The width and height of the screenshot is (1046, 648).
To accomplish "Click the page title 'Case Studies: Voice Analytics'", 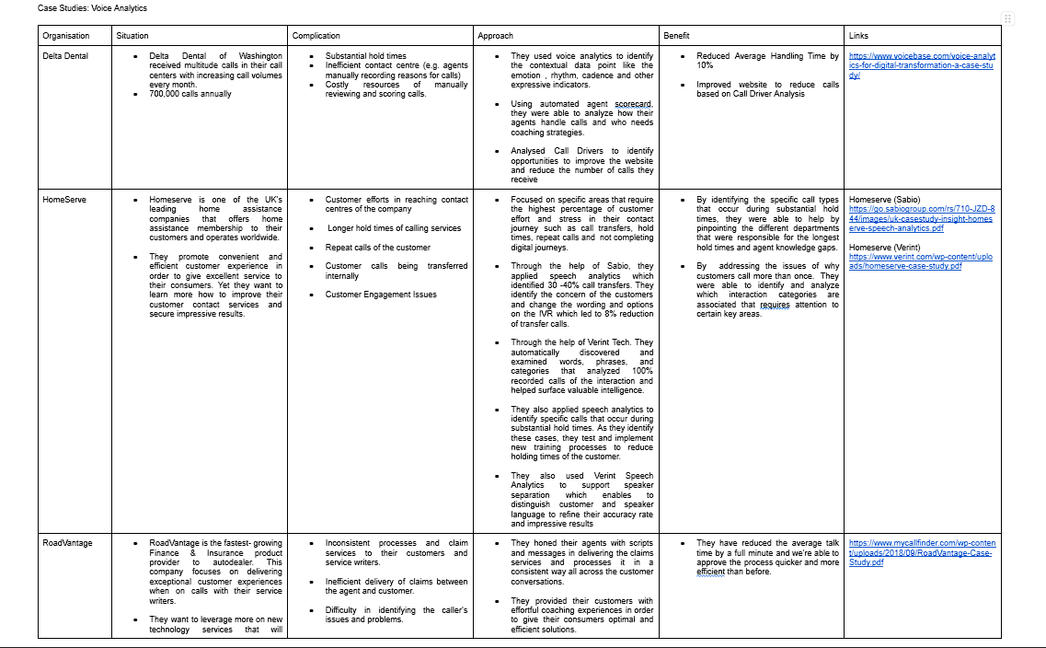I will point(92,8).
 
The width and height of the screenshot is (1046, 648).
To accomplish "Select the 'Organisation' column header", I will point(66,36).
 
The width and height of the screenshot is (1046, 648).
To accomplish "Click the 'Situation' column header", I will point(132,36).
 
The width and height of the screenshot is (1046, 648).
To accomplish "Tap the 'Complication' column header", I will point(316,36).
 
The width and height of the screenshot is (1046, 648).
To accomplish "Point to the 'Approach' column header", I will point(496,36).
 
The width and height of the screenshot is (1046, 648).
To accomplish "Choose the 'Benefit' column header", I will point(676,36).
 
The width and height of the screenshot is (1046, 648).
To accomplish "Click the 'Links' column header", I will point(858,36).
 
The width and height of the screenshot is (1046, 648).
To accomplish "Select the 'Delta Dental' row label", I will point(66,56).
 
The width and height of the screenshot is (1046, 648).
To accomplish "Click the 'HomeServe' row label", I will point(64,200).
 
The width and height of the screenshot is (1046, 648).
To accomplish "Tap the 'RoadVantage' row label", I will point(67,543).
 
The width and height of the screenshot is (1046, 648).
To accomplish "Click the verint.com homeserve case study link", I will point(920,261).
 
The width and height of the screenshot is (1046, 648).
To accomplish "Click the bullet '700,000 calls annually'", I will point(190,94).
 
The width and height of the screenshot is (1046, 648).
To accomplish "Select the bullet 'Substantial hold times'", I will point(365,56).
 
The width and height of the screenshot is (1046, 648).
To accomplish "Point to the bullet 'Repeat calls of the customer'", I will point(377,248).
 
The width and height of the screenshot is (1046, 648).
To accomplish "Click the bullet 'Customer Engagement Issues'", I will point(380,295).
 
